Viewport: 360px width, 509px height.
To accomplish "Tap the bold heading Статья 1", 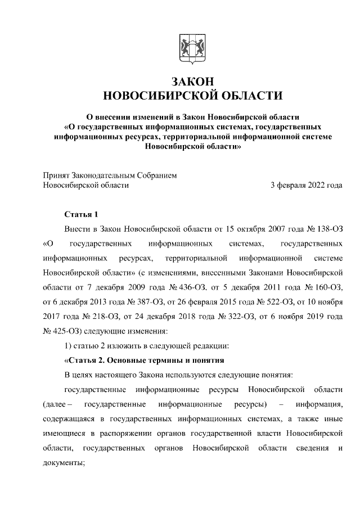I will pos(82,214).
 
